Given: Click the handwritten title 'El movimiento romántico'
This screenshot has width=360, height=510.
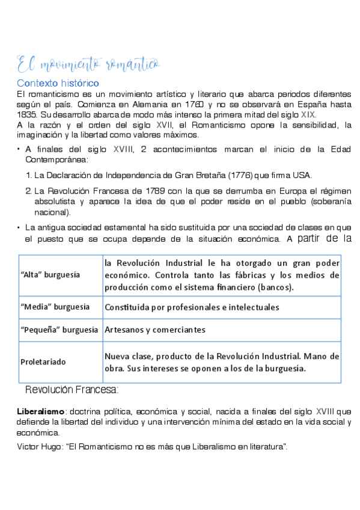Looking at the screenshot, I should click(87, 62).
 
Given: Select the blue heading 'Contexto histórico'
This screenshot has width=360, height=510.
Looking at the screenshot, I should click(58, 82).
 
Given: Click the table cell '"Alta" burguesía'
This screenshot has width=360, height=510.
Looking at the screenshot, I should click(50, 274).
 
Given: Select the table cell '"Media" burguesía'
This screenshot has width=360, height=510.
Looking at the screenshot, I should click(54, 307).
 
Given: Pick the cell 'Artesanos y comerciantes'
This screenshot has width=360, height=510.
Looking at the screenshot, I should click(155, 330).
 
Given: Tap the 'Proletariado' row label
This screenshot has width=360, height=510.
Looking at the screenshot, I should click(43, 362).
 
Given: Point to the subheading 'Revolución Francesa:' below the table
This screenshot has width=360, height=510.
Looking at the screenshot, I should click(72, 390).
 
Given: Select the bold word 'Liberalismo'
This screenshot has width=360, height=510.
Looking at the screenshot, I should click(40, 412).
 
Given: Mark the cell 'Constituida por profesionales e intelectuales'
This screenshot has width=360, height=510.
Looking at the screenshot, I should click(192, 307).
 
